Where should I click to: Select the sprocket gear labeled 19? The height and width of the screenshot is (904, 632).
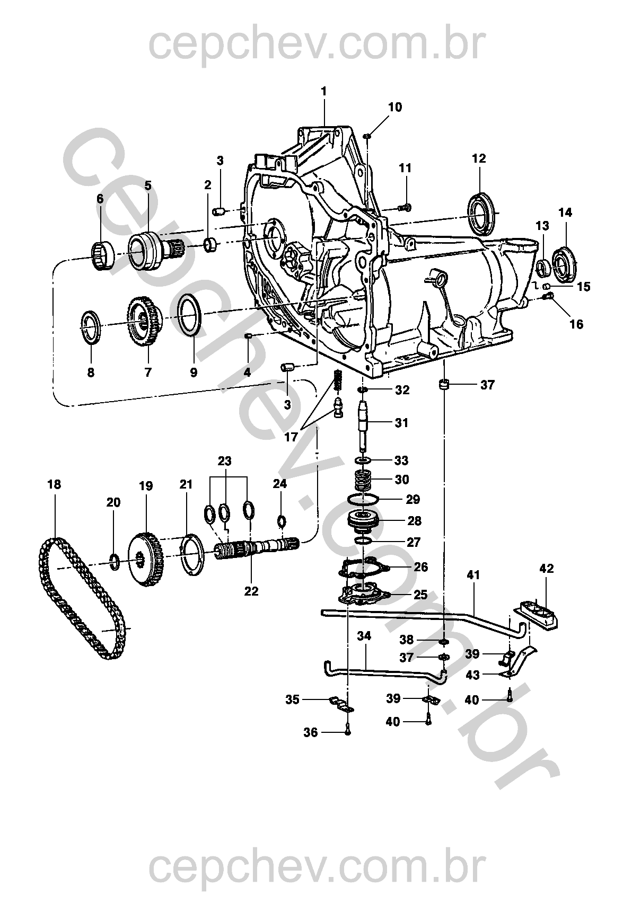[x=146, y=560]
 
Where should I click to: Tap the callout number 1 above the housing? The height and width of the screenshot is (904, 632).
[x=323, y=92]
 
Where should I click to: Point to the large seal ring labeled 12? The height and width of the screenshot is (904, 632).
[x=480, y=214]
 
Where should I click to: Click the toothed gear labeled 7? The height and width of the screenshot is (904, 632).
[x=145, y=321]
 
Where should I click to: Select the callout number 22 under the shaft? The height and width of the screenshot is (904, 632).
[x=251, y=591]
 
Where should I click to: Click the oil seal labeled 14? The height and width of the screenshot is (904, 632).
[x=564, y=265]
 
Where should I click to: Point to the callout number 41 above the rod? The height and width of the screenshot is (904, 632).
[x=473, y=575]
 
